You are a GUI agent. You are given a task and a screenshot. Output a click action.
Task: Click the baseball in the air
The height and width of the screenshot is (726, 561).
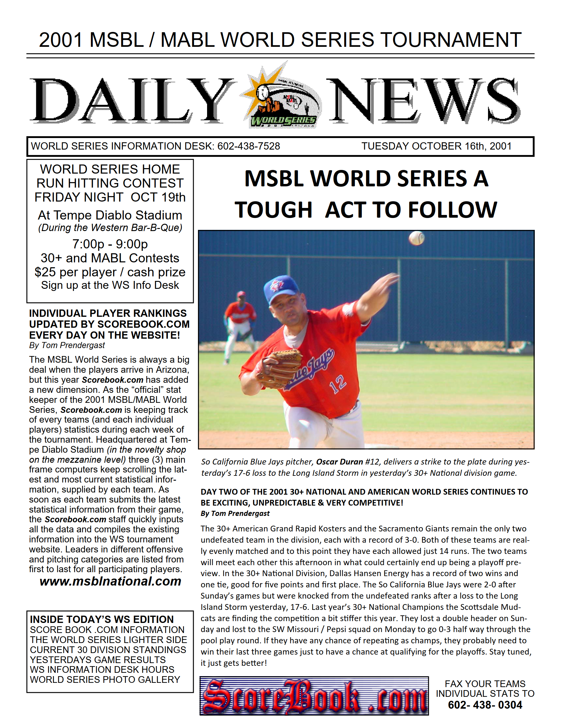[x=416, y=238]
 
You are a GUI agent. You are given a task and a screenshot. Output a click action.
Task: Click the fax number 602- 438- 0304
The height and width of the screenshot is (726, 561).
[x=485, y=705]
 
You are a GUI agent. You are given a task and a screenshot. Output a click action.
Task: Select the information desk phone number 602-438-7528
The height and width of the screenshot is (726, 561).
[x=248, y=146]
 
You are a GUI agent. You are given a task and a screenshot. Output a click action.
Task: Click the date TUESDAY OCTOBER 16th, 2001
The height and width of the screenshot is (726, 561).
[x=436, y=146]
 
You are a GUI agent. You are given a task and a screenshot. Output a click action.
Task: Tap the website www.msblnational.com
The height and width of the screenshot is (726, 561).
[x=110, y=581]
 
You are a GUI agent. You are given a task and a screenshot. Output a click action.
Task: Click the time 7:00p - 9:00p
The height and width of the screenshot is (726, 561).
[x=110, y=244]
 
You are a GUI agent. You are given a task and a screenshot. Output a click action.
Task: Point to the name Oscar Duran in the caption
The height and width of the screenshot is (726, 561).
[x=339, y=462]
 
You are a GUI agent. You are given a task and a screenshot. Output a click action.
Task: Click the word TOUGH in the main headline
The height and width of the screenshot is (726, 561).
[x=273, y=210]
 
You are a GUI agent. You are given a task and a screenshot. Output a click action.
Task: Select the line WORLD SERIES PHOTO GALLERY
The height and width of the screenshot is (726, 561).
[x=105, y=679]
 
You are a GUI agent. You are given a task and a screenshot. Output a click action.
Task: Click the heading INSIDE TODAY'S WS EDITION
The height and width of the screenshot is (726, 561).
[x=102, y=619]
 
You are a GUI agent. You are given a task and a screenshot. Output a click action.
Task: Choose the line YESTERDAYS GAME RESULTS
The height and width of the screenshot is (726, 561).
[x=98, y=659]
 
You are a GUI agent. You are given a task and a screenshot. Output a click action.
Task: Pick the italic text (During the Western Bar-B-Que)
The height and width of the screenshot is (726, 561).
[x=110, y=228]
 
